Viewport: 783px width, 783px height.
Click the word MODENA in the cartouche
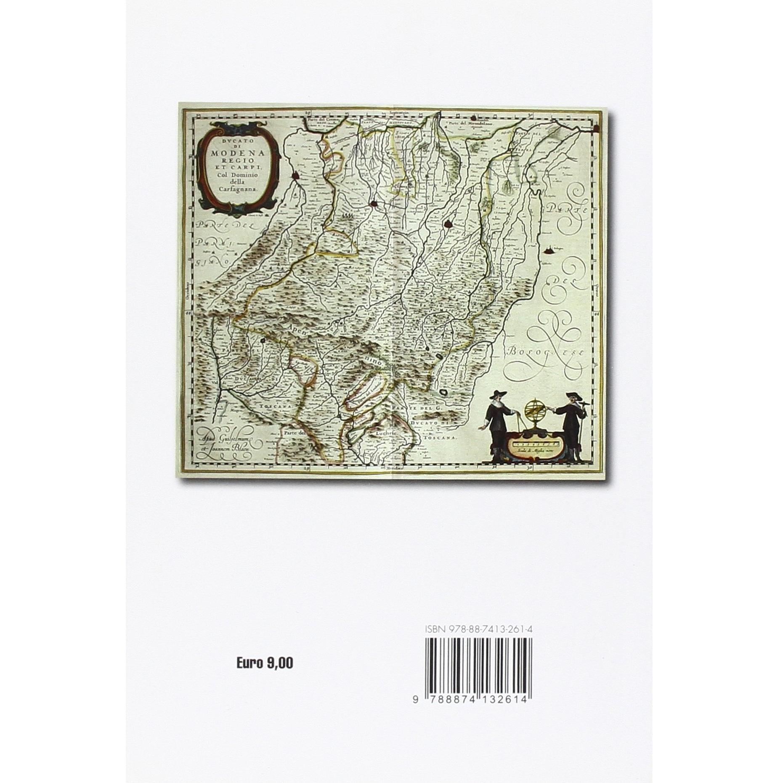[x=238, y=153]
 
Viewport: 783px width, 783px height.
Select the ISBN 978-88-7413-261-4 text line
[x=479, y=629]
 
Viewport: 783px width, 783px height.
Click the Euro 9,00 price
[x=265, y=664]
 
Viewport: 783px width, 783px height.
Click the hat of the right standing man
[x=571, y=395]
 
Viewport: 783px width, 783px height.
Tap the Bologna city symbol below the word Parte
[x=549, y=251]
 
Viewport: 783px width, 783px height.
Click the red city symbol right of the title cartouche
[x=297, y=177]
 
